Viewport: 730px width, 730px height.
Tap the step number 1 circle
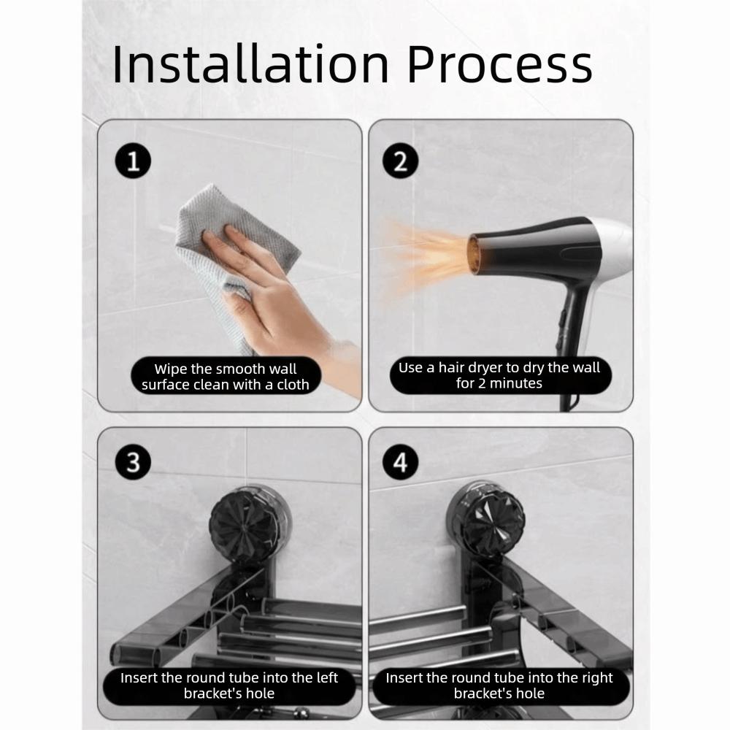[x=132, y=161]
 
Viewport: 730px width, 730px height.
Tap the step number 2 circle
[x=400, y=161]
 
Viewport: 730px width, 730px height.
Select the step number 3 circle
[x=132, y=463]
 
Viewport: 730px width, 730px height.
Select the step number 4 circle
[x=400, y=463]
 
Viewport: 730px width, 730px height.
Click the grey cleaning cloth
[x=241, y=226]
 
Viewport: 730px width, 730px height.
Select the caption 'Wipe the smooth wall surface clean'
[x=226, y=377]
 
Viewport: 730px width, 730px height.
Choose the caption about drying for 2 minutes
[x=499, y=374]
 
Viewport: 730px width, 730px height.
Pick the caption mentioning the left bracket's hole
[x=228, y=685]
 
